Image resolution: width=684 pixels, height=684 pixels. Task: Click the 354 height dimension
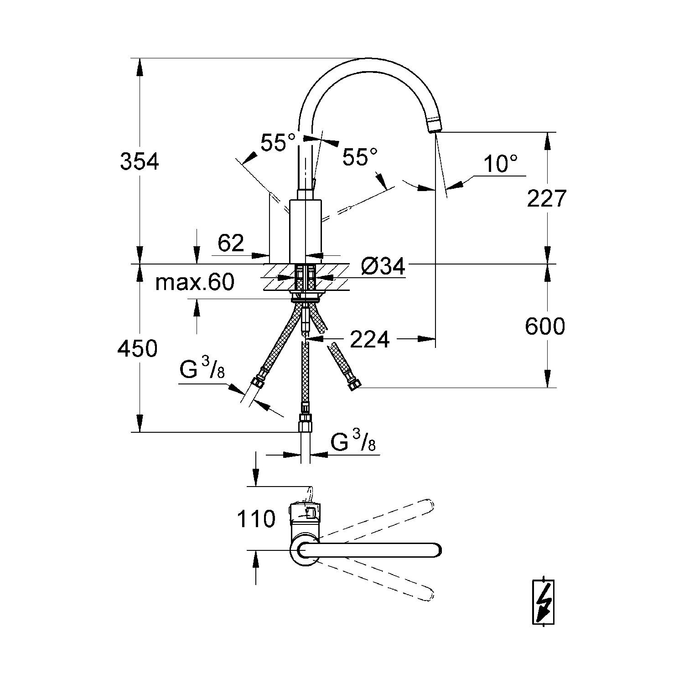[x=139, y=161]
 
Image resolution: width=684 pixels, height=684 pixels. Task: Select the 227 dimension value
[x=546, y=198]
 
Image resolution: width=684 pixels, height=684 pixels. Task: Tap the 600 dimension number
[x=545, y=326]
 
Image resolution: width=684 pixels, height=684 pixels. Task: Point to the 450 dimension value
[x=137, y=349]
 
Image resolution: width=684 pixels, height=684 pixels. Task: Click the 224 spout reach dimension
[x=370, y=339]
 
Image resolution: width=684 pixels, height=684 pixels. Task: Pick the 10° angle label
[x=500, y=164]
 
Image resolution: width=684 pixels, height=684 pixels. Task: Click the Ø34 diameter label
[x=383, y=266]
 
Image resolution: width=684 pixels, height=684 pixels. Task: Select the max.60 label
[x=195, y=283]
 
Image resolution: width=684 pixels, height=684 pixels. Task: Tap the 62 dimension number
[x=231, y=244]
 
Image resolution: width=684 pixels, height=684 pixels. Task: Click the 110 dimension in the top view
[x=256, y=519]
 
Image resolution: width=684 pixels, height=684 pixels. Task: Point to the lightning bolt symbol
[x=544, y=602]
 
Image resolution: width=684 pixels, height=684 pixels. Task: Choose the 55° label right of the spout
[x=360, y=158]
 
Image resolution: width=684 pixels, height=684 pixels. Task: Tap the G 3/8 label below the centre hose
[x=353, y=442]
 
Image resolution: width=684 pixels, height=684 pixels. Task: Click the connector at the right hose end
[x=353, y=385]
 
